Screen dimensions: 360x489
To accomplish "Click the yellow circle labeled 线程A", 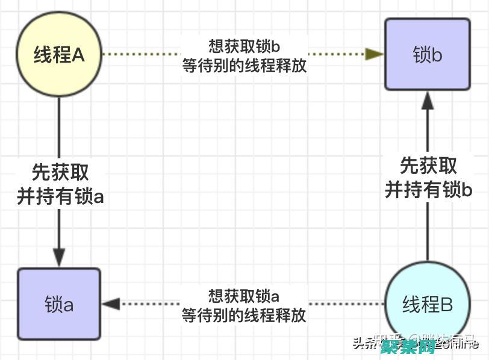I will (59, 55).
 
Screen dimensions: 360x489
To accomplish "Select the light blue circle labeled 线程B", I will (427, 303).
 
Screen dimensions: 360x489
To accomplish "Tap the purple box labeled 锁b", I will (427, 55).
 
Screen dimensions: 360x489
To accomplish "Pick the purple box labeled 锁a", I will (59, 304).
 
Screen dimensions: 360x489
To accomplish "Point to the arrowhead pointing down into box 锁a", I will (59, 258).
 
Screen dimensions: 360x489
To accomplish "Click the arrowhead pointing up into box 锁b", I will (427, 101).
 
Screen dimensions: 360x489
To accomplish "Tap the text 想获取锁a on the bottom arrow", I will (244, 296).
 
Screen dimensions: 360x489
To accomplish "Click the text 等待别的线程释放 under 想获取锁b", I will (244, 66).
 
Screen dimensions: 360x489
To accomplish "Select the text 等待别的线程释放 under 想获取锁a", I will (244, 315).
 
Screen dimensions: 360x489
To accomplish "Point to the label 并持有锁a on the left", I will (60, 197).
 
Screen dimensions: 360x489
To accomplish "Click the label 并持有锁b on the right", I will (428, 190).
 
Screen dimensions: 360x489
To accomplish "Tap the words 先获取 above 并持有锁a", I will (60, 173).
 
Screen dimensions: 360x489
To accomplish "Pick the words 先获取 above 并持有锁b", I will (428, 166).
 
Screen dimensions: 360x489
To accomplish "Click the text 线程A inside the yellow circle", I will (59, 55).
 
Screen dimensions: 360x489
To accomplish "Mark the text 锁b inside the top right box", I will (427, 55).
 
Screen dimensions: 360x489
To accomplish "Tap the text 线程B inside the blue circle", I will (427, 304).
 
